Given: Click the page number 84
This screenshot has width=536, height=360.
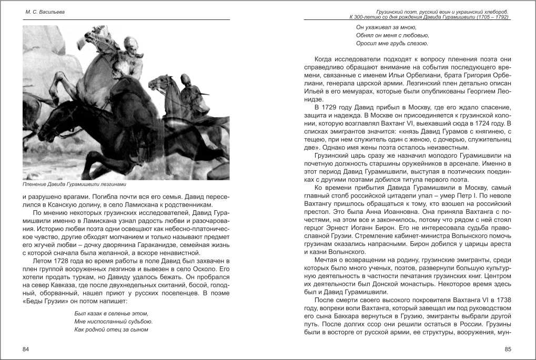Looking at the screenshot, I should tap(26, 349).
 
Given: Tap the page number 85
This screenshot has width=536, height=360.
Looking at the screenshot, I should tap(508, 349).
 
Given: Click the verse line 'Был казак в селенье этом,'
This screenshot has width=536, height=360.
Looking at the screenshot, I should tap(108, 313).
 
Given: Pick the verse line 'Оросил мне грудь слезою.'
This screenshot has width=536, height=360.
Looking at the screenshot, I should tap(392, 43).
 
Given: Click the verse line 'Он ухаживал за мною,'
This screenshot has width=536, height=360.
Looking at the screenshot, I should tap(386, 26).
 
